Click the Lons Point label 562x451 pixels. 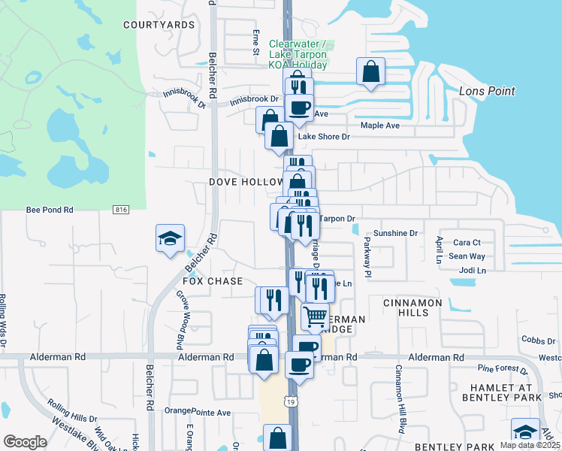(486, 91)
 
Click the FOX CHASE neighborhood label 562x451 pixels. (213, 281)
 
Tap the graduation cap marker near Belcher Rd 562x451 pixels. (171, 238)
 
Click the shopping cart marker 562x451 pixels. (316, 316)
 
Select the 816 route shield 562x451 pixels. (121, 210)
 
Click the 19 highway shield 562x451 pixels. (289, 403)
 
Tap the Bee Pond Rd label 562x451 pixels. (50, 210)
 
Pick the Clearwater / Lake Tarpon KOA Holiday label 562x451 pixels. (298, 55)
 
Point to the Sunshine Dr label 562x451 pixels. (395, 234)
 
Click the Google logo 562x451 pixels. (25, 441)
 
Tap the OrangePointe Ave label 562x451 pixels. (198, 412)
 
